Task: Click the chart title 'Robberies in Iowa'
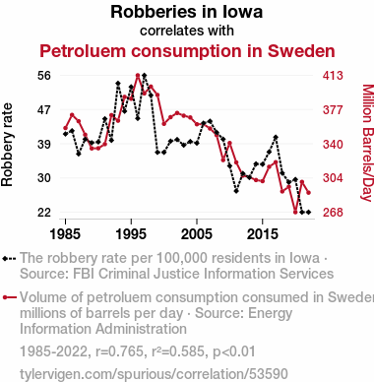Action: coord(187,12)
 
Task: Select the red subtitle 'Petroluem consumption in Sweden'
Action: coord(187,51)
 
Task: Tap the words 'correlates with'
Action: coord(187,31)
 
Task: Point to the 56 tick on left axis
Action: coord(44,76)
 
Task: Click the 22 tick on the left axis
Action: coord(44,213)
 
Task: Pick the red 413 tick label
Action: coord(333,76)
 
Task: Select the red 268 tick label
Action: coord(333,213)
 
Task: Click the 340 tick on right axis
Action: coord(333,144)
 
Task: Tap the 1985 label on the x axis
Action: coord(65,234)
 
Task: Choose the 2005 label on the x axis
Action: coord(197,234)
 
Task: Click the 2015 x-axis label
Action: coord(263,234)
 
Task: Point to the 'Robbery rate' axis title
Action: coord(7,145)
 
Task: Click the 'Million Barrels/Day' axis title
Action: coord(368,143)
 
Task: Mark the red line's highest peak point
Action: coord(138,75)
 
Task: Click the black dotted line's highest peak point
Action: coord(145,76)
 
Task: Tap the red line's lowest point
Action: coord(295,212)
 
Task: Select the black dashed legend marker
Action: coord(9,259)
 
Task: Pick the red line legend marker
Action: coord(9,297)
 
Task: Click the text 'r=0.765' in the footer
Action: coord(119,351)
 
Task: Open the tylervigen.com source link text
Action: coord(154,374)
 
